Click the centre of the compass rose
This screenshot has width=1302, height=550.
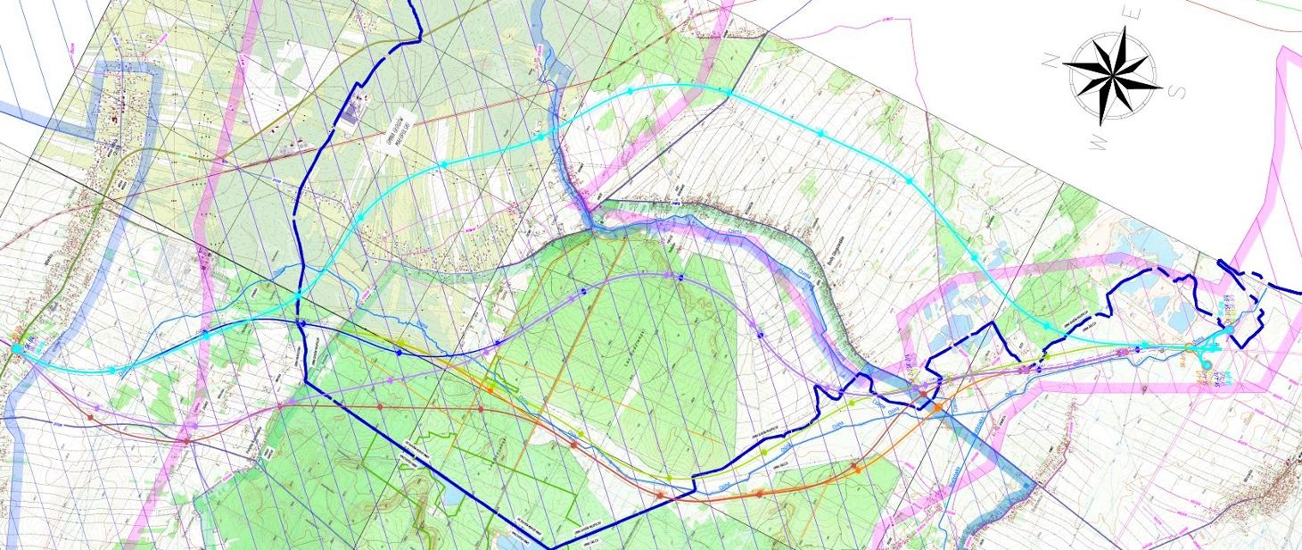[1110, 75]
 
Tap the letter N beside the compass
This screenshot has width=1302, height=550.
[1052, 60]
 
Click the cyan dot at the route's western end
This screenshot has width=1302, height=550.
[17, 347]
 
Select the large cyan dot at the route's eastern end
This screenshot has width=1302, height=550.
[1229, 331]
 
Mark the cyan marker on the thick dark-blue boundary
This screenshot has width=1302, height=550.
[297, 296]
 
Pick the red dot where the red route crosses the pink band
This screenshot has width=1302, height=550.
[186, 440]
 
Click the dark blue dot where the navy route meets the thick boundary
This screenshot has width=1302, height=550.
[301, 323]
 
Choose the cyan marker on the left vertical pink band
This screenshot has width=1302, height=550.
[206, 336]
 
